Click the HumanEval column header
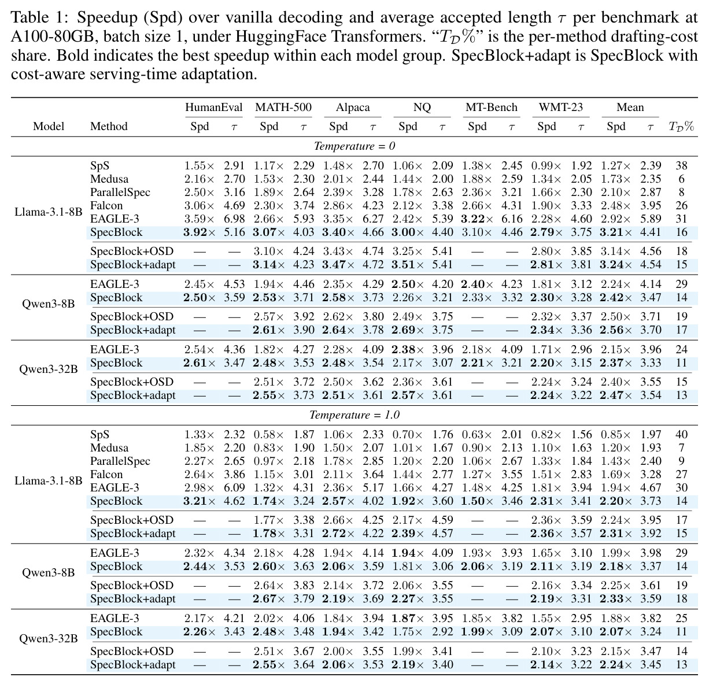click(213, 108)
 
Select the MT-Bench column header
click(491, 108)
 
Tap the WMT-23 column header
click(561, 108)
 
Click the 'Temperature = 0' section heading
click(355, 146)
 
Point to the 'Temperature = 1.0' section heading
click(355, 415)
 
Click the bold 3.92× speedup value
click(200, 232)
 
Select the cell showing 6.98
click(234, 219)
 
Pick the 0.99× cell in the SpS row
click(546, 166)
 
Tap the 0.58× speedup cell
click(269, 435)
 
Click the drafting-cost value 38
click(681, 166)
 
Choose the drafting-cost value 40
click(681, 435)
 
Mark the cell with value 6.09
click(234, 488)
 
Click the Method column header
click(109, 127)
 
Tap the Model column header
click(49, 127)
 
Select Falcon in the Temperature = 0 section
click(106, 206)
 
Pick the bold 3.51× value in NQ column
click(408, 265)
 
